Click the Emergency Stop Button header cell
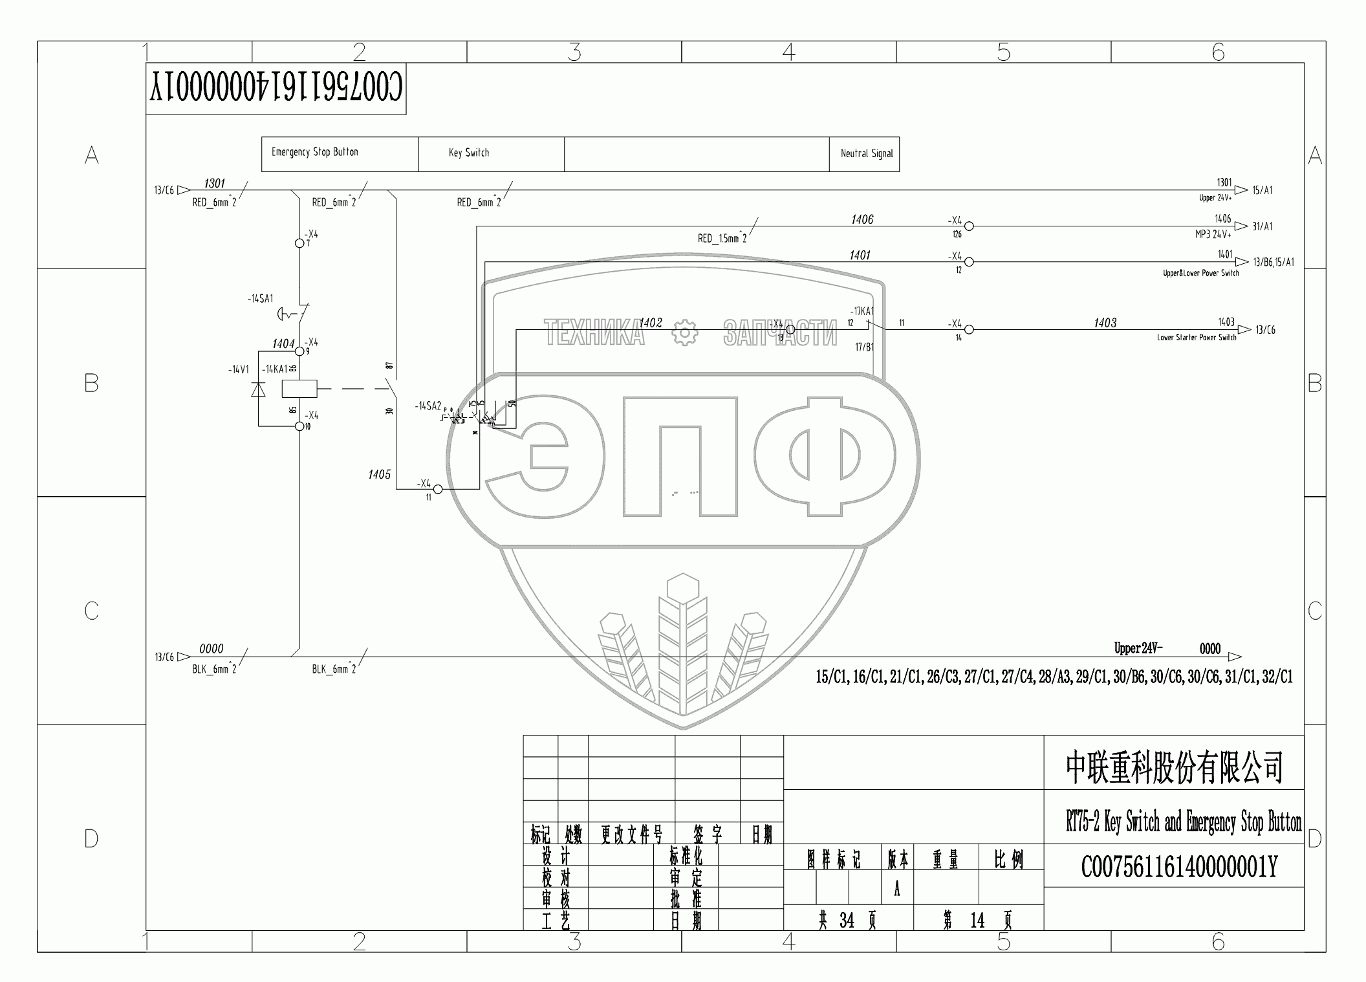click(x=315, y=153)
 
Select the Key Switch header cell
click(x=469, y=153)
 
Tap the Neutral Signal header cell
click(x=866, y=154)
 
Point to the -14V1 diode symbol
click(x=259, y=389)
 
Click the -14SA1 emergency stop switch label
click(x=261, y=299)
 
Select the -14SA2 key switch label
click(x=428, y=406)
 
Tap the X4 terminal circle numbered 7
click(x=299, y=243)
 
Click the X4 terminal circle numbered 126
click(x=969, y=226)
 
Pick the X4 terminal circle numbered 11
click(x=437, y=489)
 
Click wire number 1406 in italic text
click(x=862, y=220)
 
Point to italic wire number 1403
click(x=1105, y=323)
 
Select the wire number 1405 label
click(x=380, y=475)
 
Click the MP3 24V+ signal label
click(x=1213, y=235)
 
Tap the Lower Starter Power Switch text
click(x=1197, y=338)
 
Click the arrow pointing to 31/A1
click(x=1241, y=226)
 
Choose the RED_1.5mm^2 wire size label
click(x=722, y=239)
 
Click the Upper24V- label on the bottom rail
click(x=1138, y=648)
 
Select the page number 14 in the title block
click(x=977, y=920)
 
